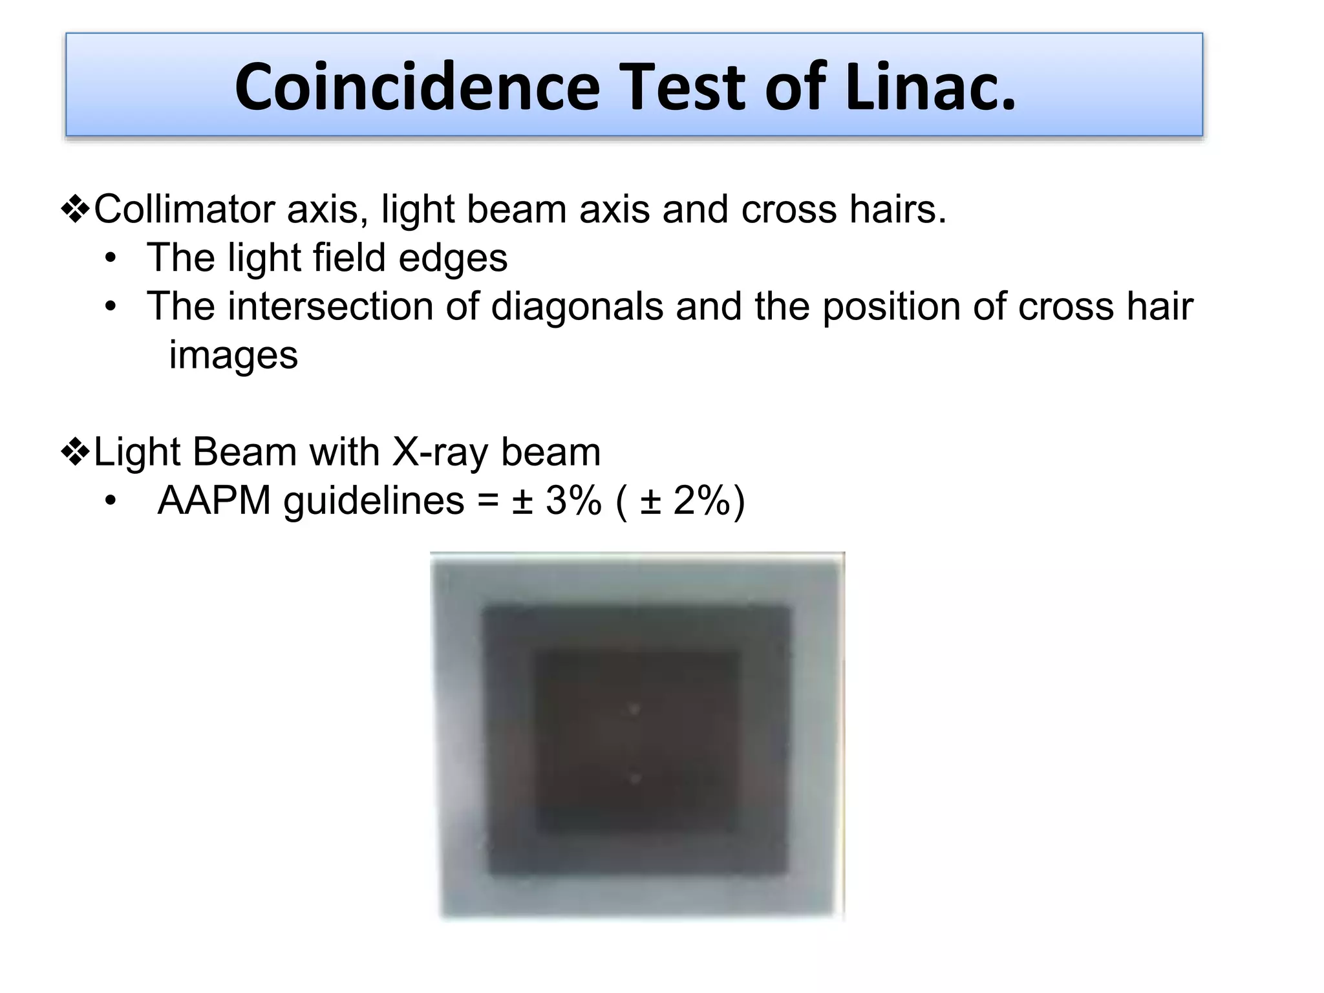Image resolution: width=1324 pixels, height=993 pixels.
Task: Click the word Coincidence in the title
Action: [x=417, y=87]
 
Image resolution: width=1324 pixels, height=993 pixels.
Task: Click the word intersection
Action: [x=330, y=306]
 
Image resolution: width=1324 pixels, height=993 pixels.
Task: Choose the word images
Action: [x=233, y=356]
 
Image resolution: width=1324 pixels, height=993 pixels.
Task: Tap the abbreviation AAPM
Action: [x=214, y=500]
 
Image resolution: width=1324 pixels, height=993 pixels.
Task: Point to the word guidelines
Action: [x=374, y=500]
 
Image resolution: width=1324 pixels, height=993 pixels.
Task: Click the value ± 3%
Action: [x=557, y=500]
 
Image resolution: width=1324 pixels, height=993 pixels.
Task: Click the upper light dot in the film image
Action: [x=634, y=710]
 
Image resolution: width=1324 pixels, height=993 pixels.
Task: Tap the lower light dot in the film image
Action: [x=635, y=778]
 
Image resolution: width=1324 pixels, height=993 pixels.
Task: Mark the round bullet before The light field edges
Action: [x=111, y=259]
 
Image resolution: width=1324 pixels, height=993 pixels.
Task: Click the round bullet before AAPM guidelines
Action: [x=111, y=502]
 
